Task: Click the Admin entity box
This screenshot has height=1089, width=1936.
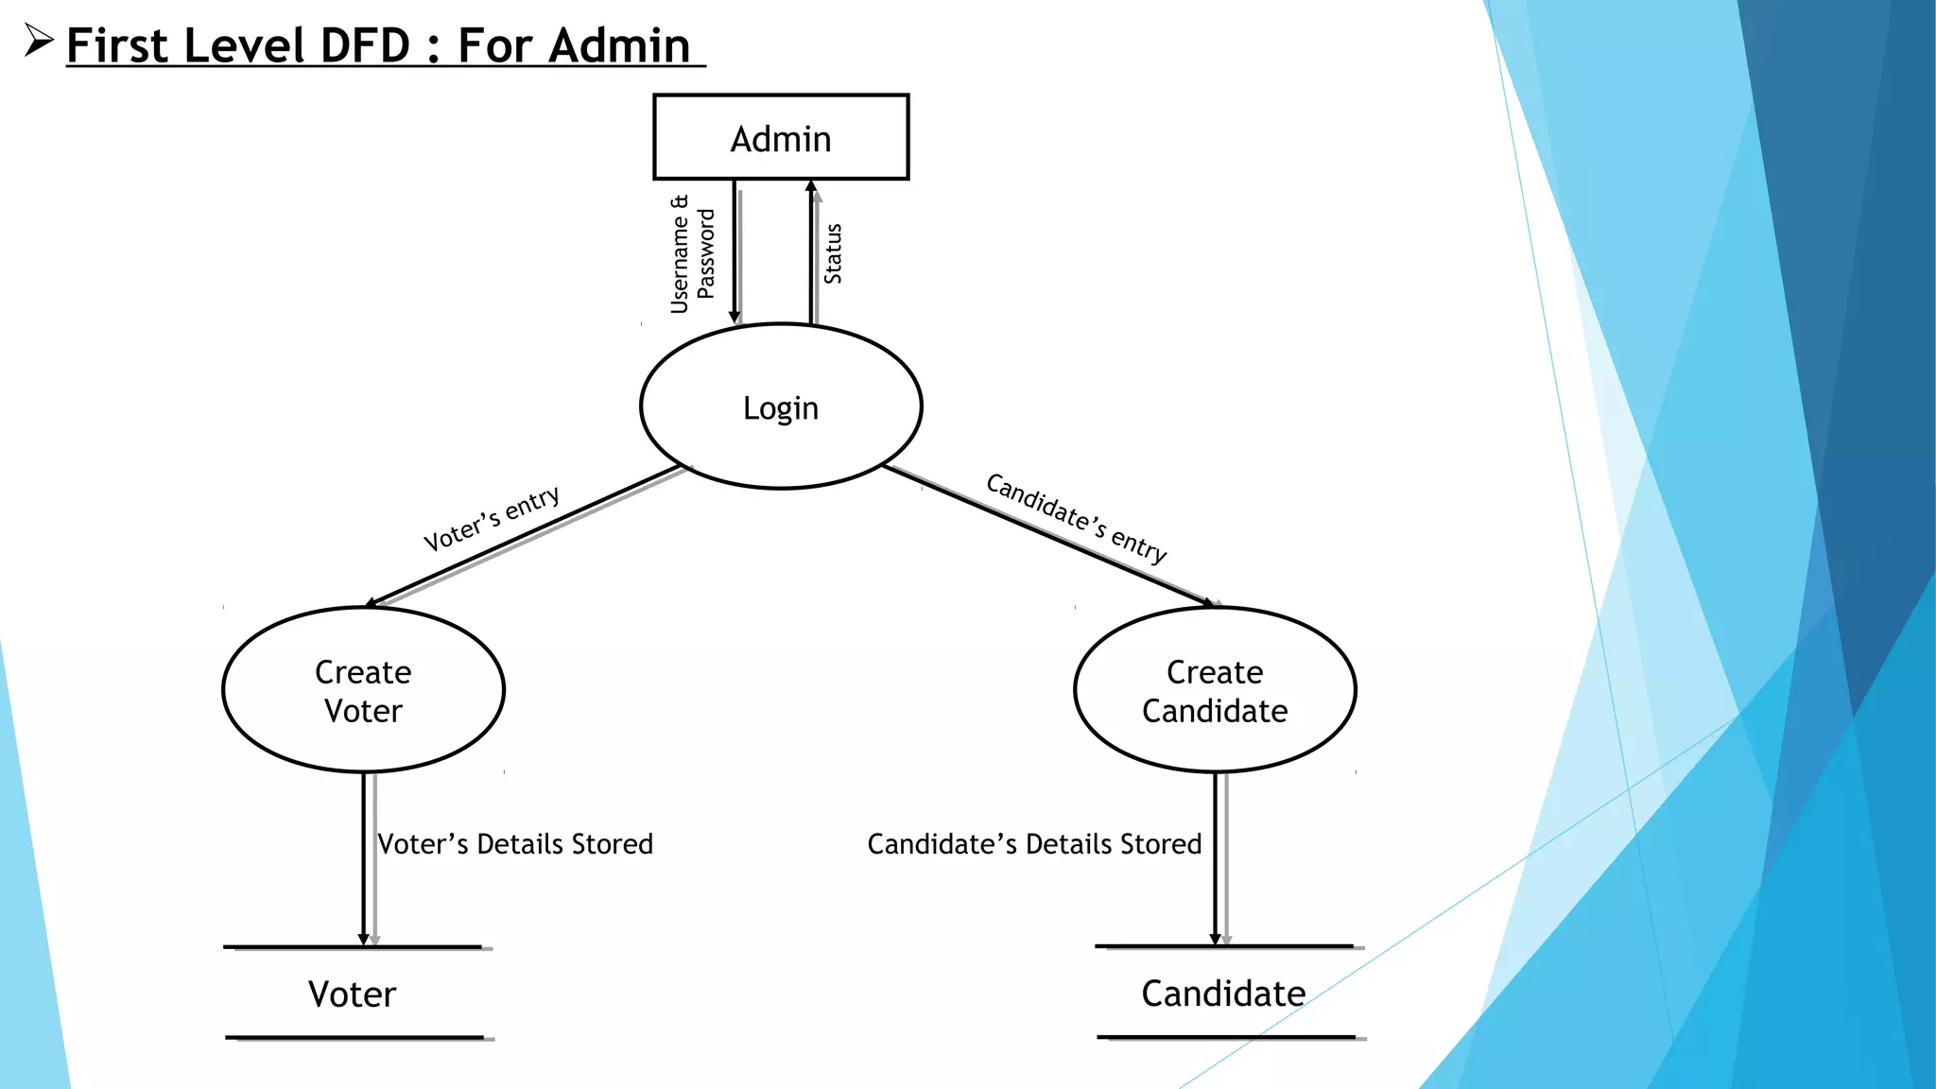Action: [781, 137]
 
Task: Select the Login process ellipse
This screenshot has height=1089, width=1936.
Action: [781, 406]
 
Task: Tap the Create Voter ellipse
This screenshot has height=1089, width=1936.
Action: [363, 690]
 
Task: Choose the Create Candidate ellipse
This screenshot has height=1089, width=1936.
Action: [1215, 690]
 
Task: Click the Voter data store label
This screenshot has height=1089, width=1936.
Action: [352, 994]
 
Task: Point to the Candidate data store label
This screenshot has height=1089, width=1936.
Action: [1223, 993]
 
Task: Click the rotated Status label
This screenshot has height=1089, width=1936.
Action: [833, 253]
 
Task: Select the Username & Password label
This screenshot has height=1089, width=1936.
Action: [692, 253]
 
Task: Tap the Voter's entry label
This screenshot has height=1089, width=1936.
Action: [491, 518]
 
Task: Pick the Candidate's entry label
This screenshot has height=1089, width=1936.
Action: [1076, 517]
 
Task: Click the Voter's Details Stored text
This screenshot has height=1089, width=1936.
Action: [515, 843]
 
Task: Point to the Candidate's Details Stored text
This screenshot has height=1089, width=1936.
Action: [1034, 843]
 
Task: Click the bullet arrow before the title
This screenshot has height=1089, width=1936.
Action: [38, 41]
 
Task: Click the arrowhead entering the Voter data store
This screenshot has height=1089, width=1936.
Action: [363, 939]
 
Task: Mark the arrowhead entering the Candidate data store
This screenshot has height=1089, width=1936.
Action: [1216, 939]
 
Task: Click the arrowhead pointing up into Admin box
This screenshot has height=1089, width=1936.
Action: [811, 186]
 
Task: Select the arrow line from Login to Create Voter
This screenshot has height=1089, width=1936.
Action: [525, 535]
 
